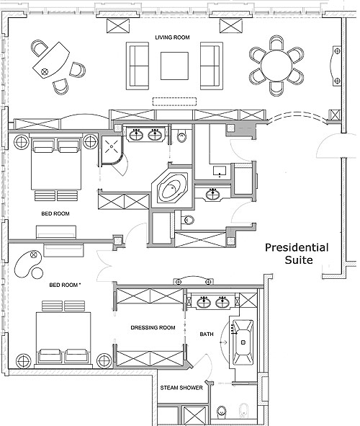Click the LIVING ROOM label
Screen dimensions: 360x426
click(172, 37)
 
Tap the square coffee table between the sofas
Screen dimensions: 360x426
click(174, 66)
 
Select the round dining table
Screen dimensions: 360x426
click(276, 66)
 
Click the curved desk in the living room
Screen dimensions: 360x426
click(50, 60)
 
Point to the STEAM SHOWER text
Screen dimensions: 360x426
click(181, 388)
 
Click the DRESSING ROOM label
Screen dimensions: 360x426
click(153, 328)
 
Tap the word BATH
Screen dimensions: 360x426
click(207, 334)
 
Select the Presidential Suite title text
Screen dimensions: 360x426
click(297, 254)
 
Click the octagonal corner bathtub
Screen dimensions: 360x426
click(173, 187)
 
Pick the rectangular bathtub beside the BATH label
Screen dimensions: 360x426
click(243, 342)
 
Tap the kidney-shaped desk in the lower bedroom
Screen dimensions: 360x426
click(29, 264)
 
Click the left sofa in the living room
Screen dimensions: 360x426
click(138, 66)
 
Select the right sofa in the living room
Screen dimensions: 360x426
click(212, 66)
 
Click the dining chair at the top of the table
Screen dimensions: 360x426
click(276, 43)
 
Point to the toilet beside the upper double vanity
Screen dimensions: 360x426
click(181, 136)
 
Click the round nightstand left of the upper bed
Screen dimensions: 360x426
click(21, 141)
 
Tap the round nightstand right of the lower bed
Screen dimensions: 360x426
click(104, 361)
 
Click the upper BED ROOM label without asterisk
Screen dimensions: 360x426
click(55, 214)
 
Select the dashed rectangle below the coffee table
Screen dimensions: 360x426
click(175, 102)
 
